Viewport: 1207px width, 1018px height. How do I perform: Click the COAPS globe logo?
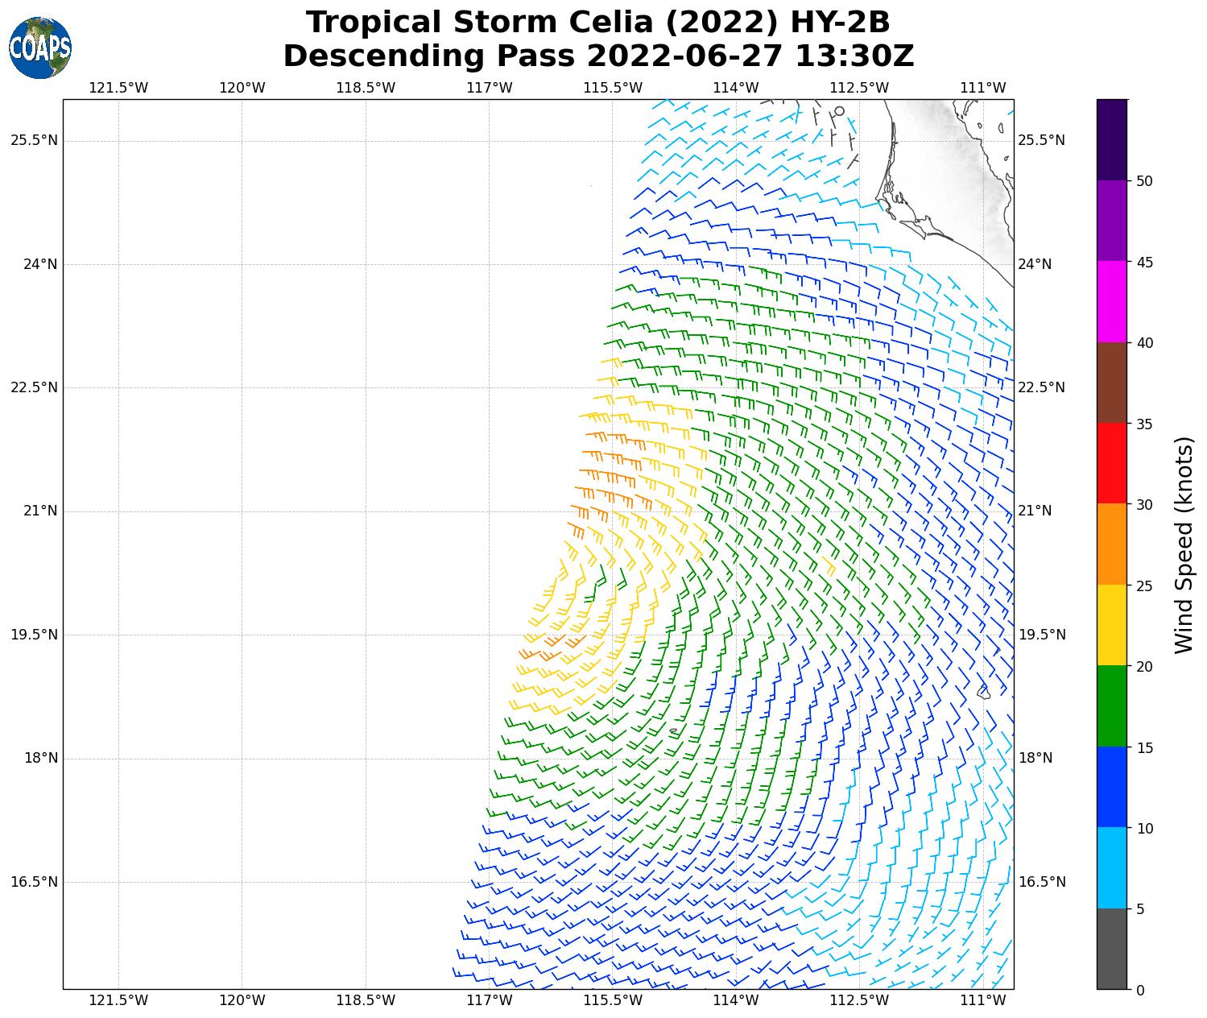(40, 48)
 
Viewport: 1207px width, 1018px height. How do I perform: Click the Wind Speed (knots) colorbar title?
(1183, 544)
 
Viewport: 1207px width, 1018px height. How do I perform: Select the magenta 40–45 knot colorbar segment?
(1111, 301)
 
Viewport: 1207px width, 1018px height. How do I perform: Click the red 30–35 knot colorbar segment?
(1111, 463)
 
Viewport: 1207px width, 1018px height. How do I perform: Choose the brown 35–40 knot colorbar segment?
(1111, 383)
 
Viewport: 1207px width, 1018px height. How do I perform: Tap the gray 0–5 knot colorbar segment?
(1111, 949)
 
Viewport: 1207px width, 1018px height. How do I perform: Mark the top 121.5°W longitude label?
(118, 88)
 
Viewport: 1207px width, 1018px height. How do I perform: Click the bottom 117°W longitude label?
(489, 1000)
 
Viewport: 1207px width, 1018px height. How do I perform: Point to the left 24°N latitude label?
(34, 264)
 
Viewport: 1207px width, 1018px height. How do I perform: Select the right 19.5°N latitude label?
(1041, 635)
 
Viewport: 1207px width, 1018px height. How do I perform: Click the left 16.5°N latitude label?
(34, 882)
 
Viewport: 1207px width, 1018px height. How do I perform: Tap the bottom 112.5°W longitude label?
(859, 1000)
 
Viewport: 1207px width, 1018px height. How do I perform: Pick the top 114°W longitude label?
(735, 88)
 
